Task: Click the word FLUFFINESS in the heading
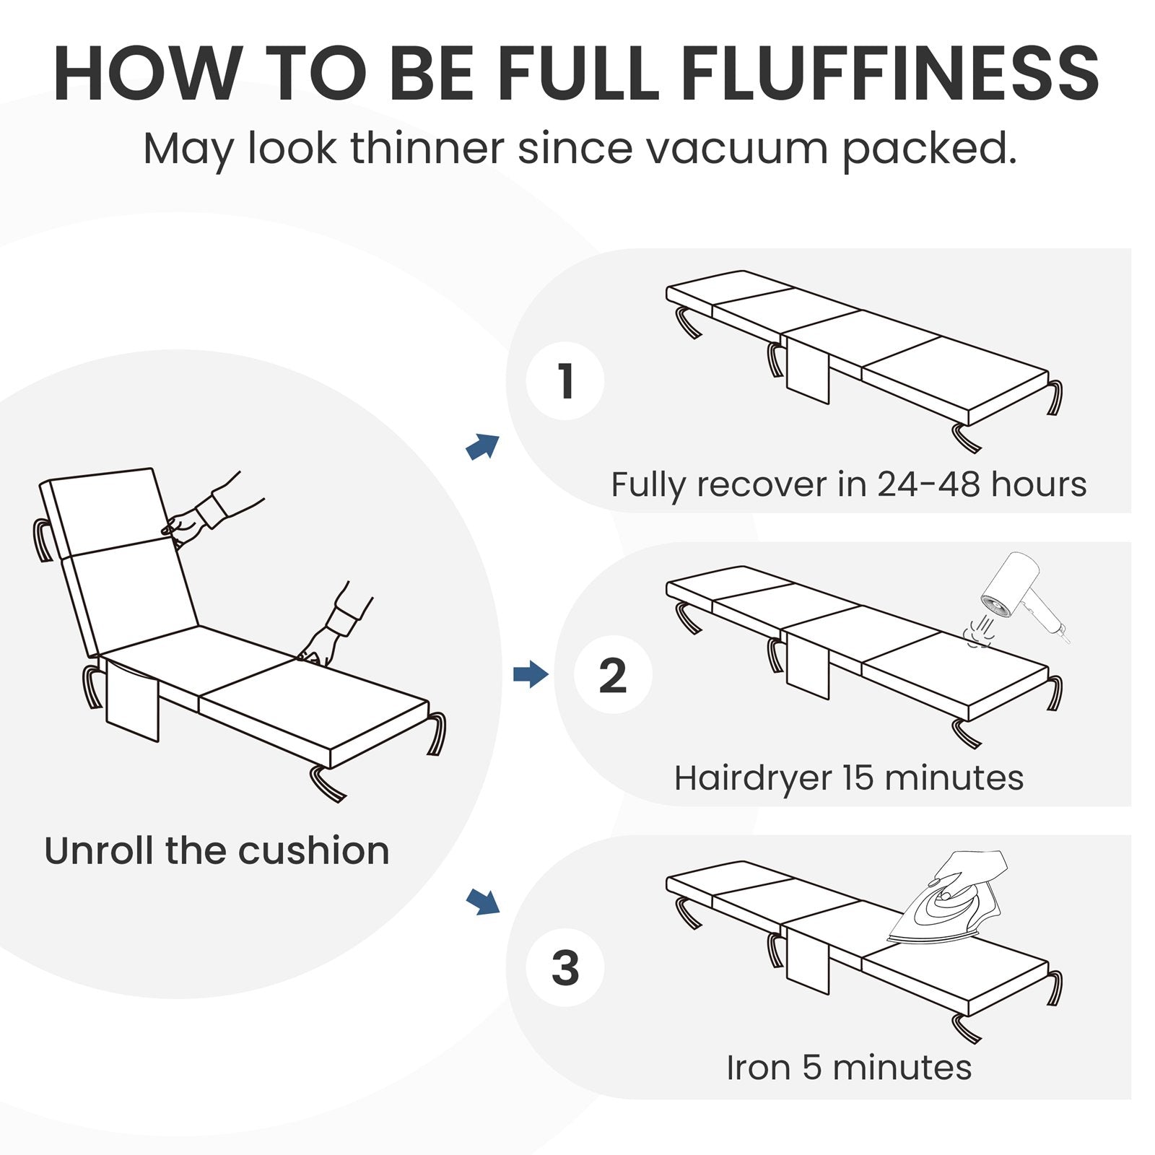point(890,74)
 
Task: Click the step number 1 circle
point(565,380)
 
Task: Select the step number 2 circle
point(613,675)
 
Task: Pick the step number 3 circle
point(565,968)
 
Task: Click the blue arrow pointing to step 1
point(482,447)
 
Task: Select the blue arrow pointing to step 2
point(531,675)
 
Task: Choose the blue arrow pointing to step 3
point(482,901)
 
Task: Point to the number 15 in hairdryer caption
point(858,778)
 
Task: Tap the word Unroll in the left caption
point(100,851)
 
